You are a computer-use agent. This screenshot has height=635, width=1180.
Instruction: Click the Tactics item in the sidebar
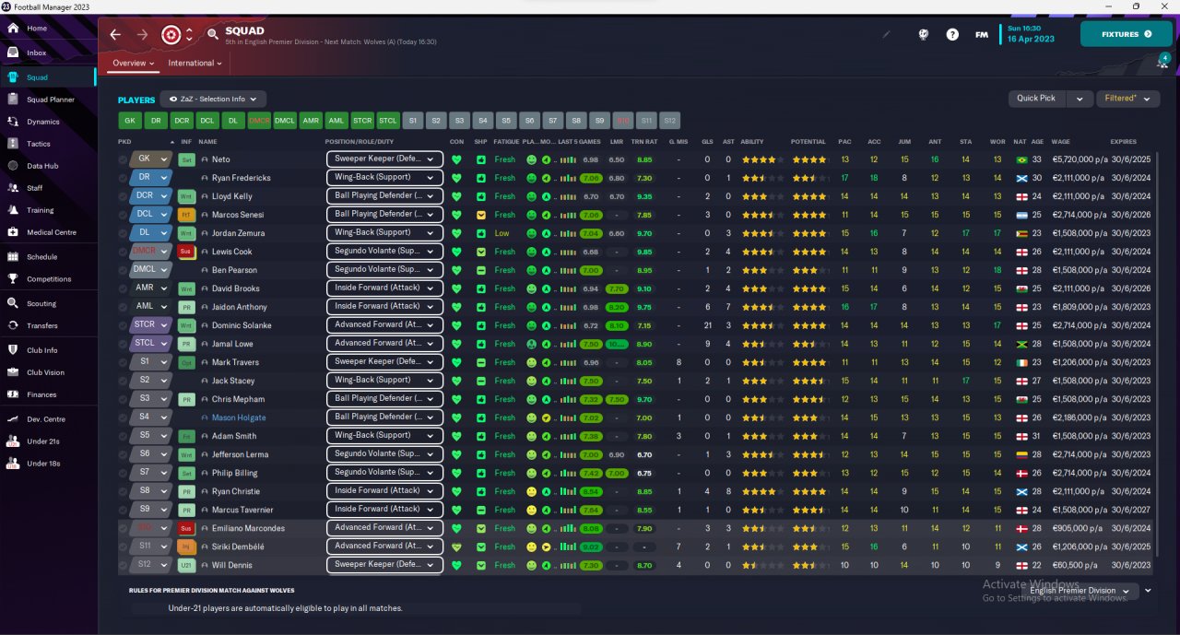39,144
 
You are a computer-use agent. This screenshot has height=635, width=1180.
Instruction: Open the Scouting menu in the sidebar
41,303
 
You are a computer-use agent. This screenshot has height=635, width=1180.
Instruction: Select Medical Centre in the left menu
52,232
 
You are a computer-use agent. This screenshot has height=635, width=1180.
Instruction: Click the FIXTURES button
1126,34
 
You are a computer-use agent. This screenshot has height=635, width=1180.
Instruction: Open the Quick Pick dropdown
1050,99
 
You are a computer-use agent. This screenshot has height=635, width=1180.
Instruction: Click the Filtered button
1126,99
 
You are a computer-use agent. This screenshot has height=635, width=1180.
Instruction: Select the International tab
195,64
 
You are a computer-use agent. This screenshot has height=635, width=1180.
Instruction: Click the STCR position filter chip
362,121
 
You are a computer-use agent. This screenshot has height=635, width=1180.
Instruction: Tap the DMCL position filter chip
285,121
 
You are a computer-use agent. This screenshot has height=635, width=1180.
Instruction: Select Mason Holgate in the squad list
239,417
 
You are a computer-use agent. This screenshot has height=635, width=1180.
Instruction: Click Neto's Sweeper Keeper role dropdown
384,159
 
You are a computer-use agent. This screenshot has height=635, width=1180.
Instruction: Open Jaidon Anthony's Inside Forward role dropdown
384,307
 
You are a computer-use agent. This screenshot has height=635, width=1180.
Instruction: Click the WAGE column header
1060,142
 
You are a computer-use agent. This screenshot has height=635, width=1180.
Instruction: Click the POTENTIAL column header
808,142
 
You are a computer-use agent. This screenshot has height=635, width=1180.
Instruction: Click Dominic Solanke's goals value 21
707,325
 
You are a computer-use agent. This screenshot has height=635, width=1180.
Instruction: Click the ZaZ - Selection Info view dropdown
213,99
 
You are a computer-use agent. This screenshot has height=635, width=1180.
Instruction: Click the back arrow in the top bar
115,35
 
